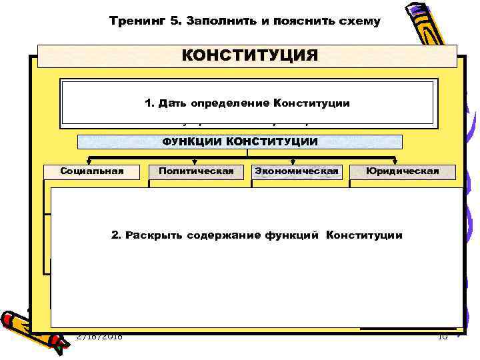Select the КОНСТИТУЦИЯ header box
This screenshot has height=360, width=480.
247,55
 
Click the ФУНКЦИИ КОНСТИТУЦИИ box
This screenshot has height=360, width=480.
240,141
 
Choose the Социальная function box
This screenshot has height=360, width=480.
92,171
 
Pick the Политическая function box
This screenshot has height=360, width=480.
196,171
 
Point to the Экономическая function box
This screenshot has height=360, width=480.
297,171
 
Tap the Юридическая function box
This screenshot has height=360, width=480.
402,171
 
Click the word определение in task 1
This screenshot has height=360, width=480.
230,103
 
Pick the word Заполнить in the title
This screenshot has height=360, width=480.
213,21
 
